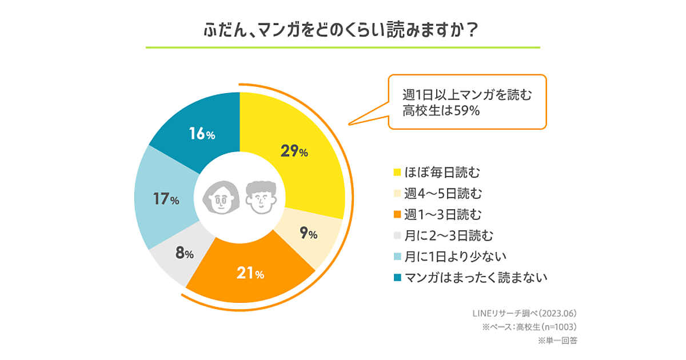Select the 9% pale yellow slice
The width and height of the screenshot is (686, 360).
point(309,234)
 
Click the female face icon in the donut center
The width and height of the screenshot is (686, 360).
point(219,198)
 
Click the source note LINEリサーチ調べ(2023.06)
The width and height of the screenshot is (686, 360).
point(524,313)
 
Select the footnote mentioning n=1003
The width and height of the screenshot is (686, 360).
point(529,327)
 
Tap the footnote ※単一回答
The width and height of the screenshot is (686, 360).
point(557,341)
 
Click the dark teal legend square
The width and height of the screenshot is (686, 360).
point(397,278)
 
